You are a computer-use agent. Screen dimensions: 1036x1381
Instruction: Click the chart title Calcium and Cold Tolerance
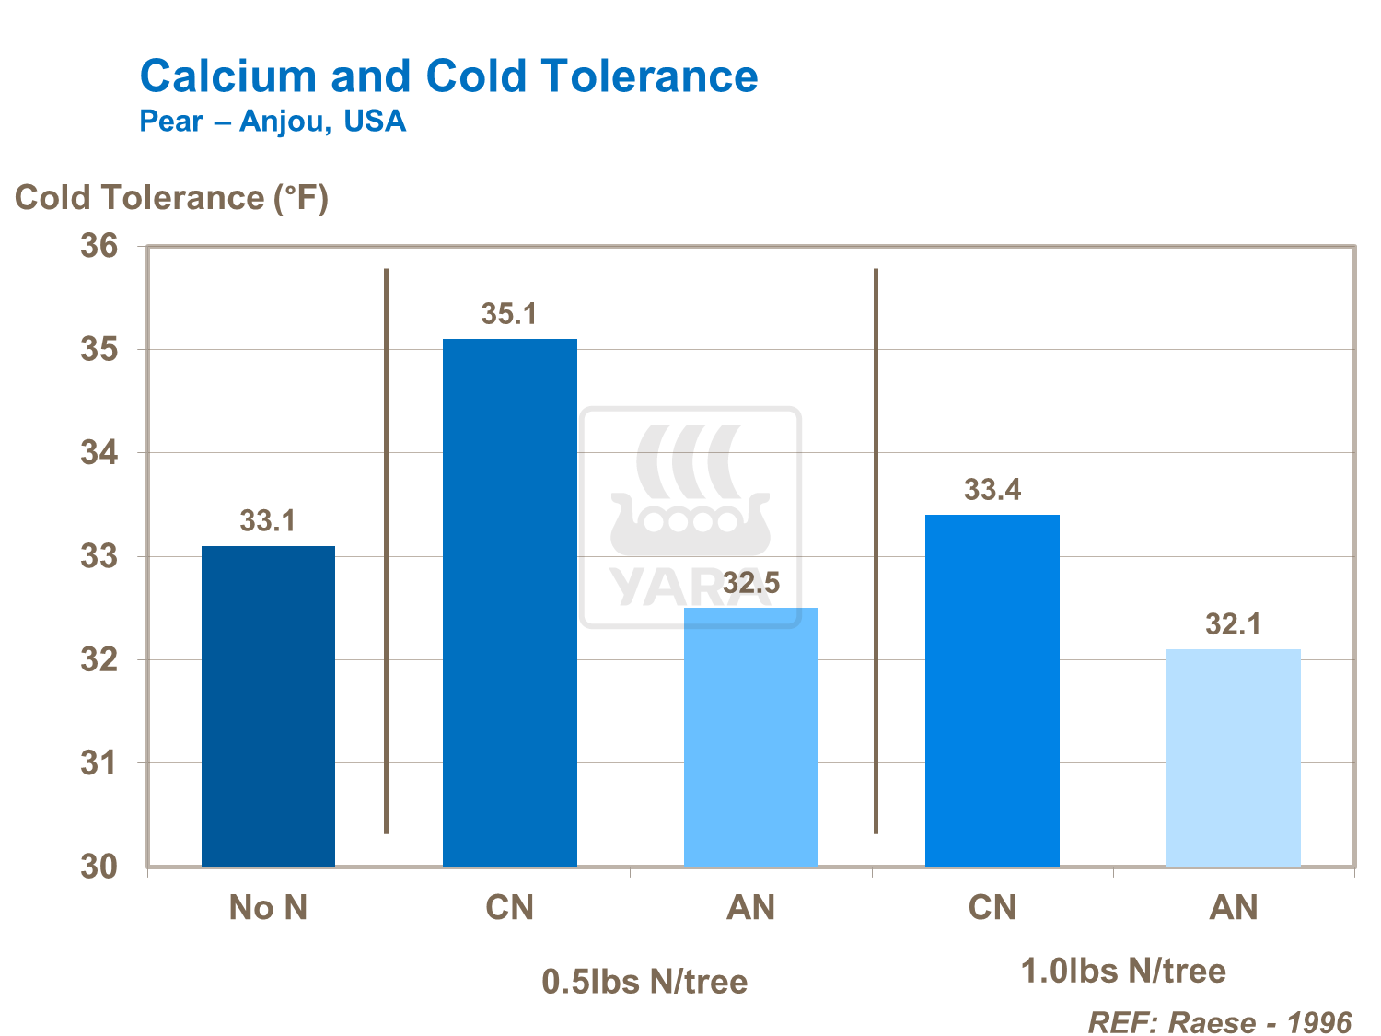tap(448, 76)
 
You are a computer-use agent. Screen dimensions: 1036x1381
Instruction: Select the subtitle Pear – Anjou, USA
tap(273, 122)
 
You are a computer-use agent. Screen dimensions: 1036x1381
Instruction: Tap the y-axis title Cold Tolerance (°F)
tap(171, 198)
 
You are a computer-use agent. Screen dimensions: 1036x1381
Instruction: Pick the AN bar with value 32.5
tap(750, 737)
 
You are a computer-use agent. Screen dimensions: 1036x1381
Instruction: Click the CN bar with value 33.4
tap(992, 691)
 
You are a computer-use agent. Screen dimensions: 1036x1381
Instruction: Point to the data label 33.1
tap(268, 521)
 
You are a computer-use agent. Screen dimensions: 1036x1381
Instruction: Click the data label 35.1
tap(509, 314)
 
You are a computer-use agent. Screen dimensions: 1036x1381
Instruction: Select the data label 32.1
tap(1233, 624)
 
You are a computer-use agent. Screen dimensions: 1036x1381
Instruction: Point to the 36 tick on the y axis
tap(99, 246)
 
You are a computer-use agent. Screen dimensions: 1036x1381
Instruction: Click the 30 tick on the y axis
tap(99, 867)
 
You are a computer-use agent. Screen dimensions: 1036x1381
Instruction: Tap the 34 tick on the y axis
tap(99, 453)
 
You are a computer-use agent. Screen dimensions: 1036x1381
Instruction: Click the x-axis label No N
tap(268, 908)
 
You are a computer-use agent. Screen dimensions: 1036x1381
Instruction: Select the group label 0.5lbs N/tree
tap(644, 982)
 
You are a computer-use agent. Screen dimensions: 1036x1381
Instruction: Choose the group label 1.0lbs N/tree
tap(1123, 971)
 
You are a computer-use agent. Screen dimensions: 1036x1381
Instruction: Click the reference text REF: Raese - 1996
tap(1220, 1022)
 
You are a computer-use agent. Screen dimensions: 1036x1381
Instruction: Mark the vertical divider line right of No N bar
tap(386, 553)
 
